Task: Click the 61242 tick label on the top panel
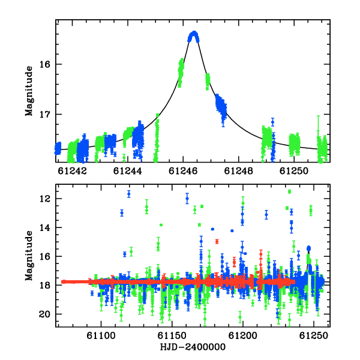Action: pyautogui.click(x=73, y=171)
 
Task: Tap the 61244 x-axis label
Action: pyautogui.click(x=128, y=171)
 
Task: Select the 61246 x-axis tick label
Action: pyautogui.click(x=183, y=171)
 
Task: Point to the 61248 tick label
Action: pyautogui.click(x=239, y=171)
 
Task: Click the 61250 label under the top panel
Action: pyautogui.click(x=294, y=171)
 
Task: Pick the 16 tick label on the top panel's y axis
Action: pyautogui.click(x=45, y=64)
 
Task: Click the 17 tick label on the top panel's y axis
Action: pyautogui.click(x=45, y=114)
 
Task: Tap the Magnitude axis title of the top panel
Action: pyautogui.click(x=29, y=91)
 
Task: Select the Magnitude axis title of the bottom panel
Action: pyautogui.click(x=29, y=256)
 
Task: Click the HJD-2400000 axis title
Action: pyautogui.click(x=193, y=347)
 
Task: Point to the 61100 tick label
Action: pyautogui.click(x=101, y=336)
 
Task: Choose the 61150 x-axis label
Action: pyautogui.click(x=172, y=336)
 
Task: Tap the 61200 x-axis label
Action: pyautogui.click(x=242, y=336)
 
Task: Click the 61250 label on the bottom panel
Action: pyautogui.click(x=314, y=336)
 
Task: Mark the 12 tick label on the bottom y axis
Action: pyautogui.click(x=45, y=199)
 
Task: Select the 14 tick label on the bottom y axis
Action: pyautogui.click(x=45, y=227)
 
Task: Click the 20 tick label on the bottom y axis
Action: pyautogui.click(x=45, y=314)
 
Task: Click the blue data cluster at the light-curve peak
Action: pyautogui.click(x=194, y=37)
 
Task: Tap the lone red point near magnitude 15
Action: pyautogui.click(x=217, y=242)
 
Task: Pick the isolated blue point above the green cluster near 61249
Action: pyautogui.click(x=272, y=122)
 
